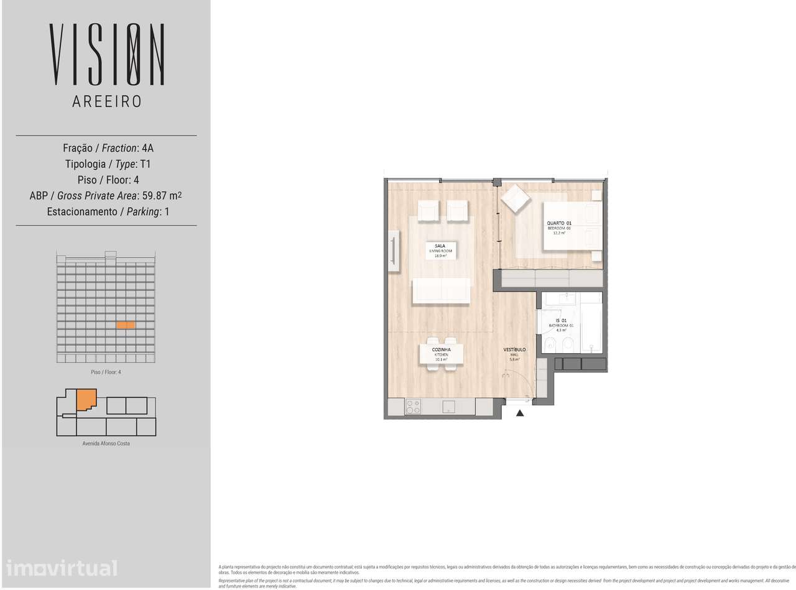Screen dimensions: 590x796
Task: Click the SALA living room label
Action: click(x=440, y=250)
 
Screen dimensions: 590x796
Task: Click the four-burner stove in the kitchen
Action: click(x=413, y=407)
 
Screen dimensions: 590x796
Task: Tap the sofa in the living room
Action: click(x=440, y=290)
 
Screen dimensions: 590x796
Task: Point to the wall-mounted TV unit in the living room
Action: click(x=394, y=251)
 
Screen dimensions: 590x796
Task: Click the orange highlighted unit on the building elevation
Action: click(x=126, y=325)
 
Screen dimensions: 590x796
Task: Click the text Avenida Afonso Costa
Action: click(x=106, y=443)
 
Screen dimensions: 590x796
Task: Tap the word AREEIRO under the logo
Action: click(x=107, y=101)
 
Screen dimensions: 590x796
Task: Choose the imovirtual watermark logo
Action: click(x=62, y=568)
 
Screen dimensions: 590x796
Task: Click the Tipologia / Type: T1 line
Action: click(x=107, y=164)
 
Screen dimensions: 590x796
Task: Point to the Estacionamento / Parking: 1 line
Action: click(x=107, y=212)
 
